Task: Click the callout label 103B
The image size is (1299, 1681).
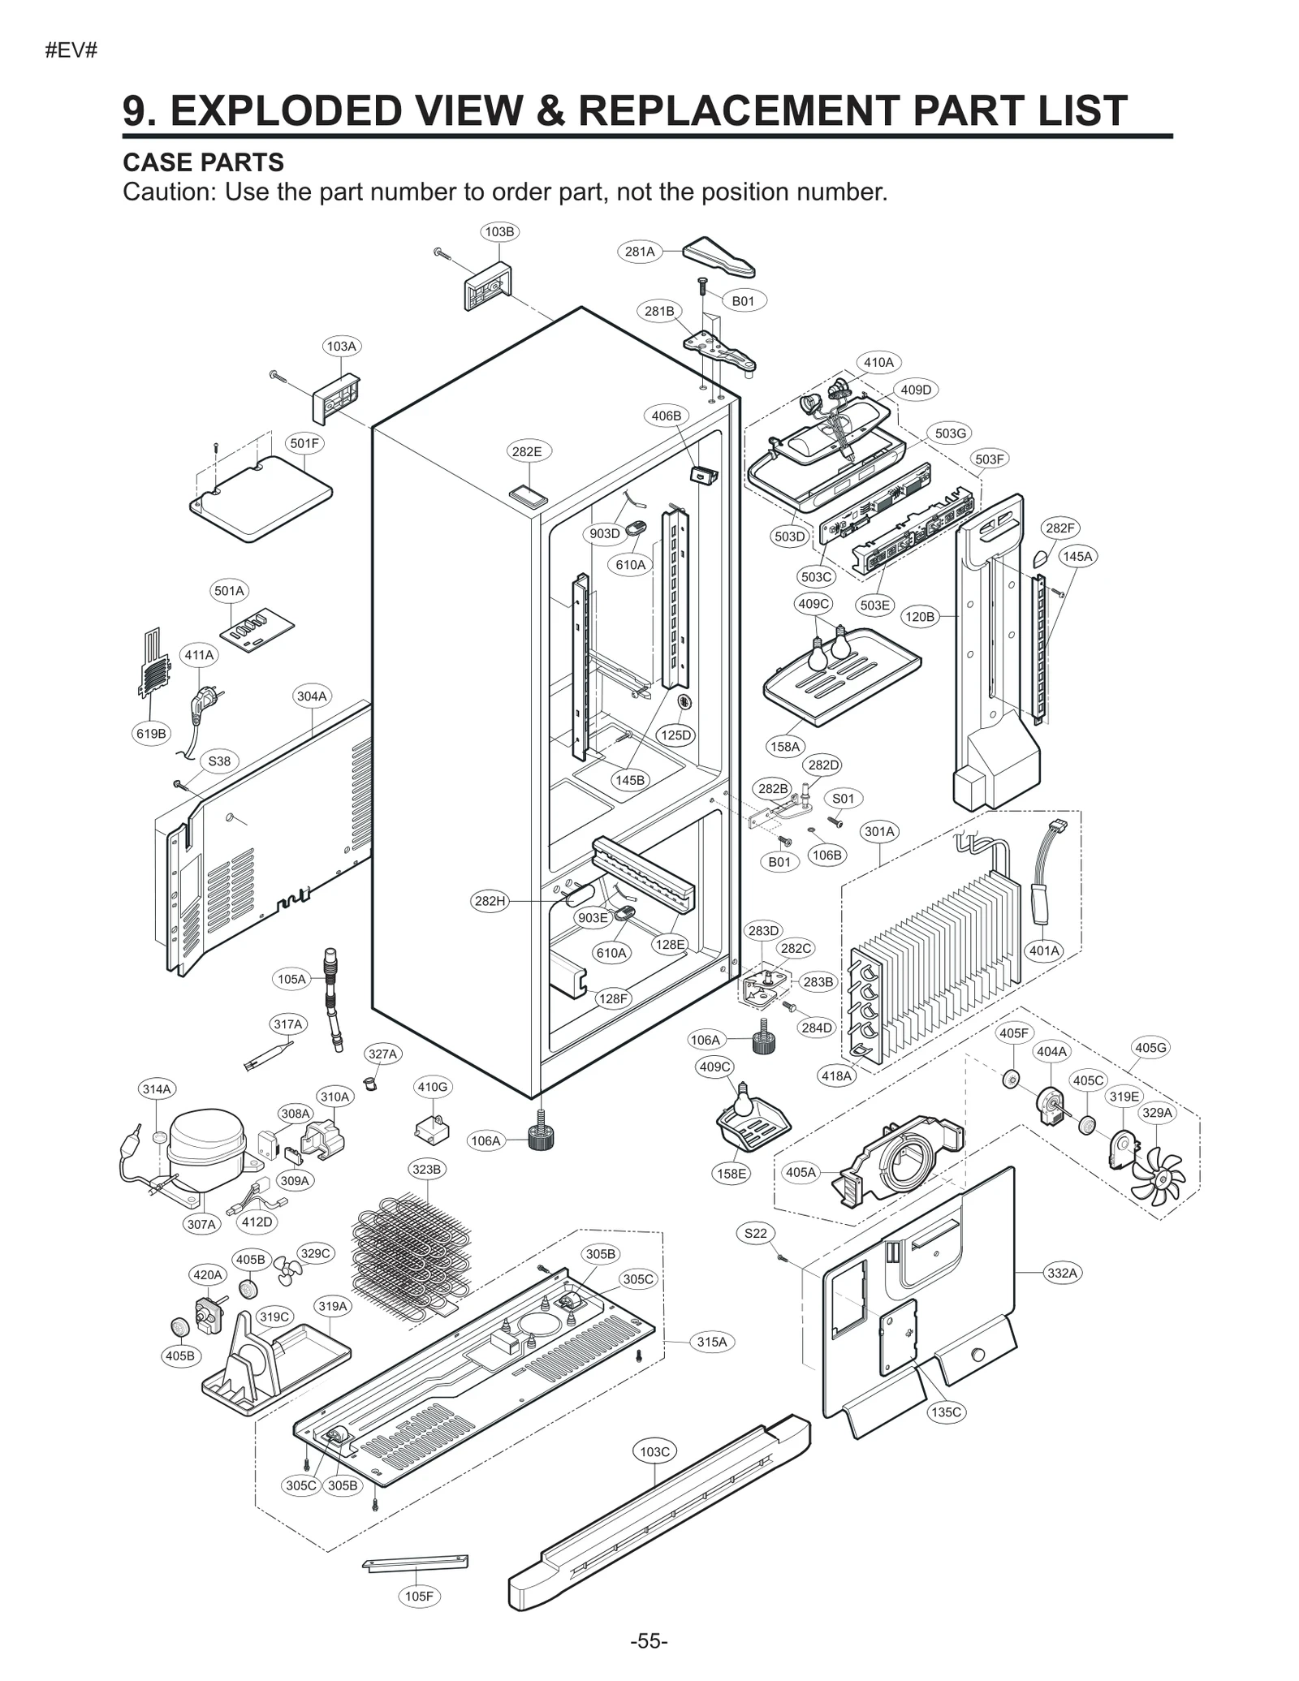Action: (499, 231)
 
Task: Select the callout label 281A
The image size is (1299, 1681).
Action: (640, 252)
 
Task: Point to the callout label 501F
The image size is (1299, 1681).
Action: (304, 443)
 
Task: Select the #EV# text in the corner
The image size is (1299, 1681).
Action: (71, 50)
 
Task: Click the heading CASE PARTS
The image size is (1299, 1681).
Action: (203, 162)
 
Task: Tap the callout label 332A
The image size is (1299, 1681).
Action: (1062, 1273)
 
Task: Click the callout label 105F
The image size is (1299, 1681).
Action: (419, 1597)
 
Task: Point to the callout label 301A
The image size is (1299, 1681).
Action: (879, 831)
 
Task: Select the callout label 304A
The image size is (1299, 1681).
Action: (312, 696)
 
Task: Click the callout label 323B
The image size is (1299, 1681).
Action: (426, 1169)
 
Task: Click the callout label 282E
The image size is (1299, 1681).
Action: (526, 451)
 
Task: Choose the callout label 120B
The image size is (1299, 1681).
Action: (919, 617)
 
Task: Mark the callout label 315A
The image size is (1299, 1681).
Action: (712, 1342)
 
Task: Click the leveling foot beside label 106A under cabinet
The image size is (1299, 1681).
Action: (541, 1136)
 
